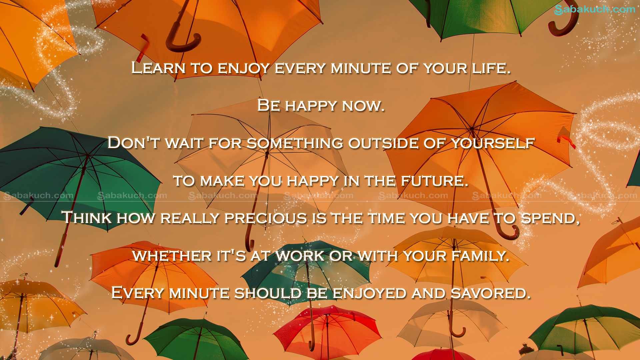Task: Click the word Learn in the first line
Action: tap(158, 68)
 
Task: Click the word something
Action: tap(295, 143)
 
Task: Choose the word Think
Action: tap(87, 218)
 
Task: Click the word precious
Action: tap(266, 218)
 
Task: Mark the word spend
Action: tap(550, 218)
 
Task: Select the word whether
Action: tap(172, 256)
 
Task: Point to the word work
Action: tap(300, 256)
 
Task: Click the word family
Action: tap(480, 256)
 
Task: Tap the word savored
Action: tap(490, 293)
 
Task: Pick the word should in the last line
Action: tap(268, 293)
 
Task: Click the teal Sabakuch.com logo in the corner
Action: tap(595, 9)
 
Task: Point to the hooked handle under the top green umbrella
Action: tap(563, 23)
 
